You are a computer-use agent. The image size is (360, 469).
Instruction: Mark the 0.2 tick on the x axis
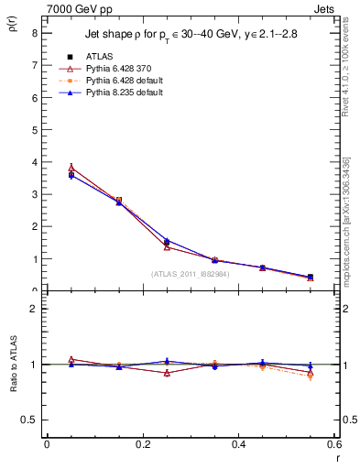pos(143,444)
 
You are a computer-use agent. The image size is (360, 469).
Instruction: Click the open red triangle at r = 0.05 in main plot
pos(71,168)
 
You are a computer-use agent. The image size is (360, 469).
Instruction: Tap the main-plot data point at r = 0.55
pos(311,277)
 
